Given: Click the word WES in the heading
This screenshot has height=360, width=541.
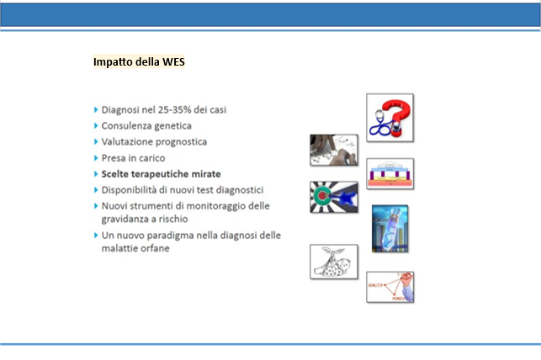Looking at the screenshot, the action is (x=173, y=61).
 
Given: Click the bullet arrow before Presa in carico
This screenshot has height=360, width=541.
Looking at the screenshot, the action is (x=96, y=158).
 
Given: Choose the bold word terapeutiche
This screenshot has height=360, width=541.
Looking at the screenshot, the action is (x=160, y=174).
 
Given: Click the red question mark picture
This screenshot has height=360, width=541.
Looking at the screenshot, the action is (x=390, y=118).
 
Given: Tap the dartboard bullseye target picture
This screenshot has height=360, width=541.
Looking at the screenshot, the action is (x=334, y=197).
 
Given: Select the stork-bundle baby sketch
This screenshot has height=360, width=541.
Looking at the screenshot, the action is (x=334, y=262).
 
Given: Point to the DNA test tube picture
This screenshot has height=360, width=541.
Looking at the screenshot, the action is (x=390, y=229).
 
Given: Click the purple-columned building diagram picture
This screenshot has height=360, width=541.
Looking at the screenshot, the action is (x=390, y=174).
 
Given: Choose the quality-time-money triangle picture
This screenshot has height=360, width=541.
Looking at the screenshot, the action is (x=390, y=287).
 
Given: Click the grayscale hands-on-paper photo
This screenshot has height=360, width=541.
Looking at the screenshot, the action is (x=334, y=150).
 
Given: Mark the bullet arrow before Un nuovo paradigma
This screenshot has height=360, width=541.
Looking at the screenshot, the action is (x=96, y=236).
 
